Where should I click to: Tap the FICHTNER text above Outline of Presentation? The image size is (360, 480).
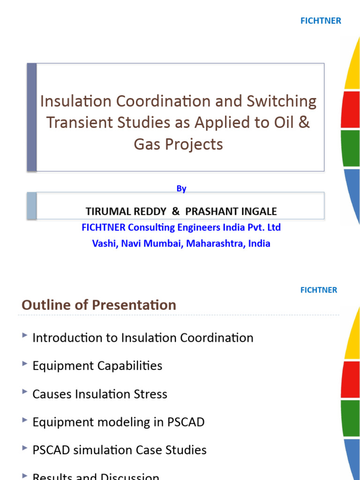point(318,290)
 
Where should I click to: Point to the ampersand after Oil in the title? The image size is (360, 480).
point(304,123)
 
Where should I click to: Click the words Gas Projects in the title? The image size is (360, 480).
point(179,144)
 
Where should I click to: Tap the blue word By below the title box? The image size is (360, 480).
point(181,188)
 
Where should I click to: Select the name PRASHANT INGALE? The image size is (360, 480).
point(231,211)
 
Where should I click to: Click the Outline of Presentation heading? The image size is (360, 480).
point(99,305)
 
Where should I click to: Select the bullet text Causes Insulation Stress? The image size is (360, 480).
point(100,394)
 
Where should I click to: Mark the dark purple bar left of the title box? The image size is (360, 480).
point(31,117)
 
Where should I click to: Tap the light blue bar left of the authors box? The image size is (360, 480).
point(31,205)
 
